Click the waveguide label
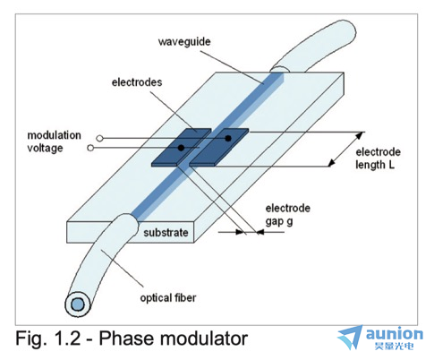[184, 42]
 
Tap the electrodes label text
[137, 82]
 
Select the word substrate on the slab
[166, 233]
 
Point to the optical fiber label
[168, 298]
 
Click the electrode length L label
[378, 159]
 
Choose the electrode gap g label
[288, 215]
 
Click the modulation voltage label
[54, 141]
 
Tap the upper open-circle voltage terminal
[100, 139]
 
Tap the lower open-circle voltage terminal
[90, 148]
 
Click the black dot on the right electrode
[228, 138]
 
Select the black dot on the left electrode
[181, 148]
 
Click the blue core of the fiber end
[77, 304]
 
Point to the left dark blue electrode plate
[180, 148]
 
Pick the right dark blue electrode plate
[219, 147]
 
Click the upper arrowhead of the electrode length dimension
[360, 135]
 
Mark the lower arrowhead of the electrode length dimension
[332, 163]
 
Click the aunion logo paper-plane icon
[350, 338]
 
